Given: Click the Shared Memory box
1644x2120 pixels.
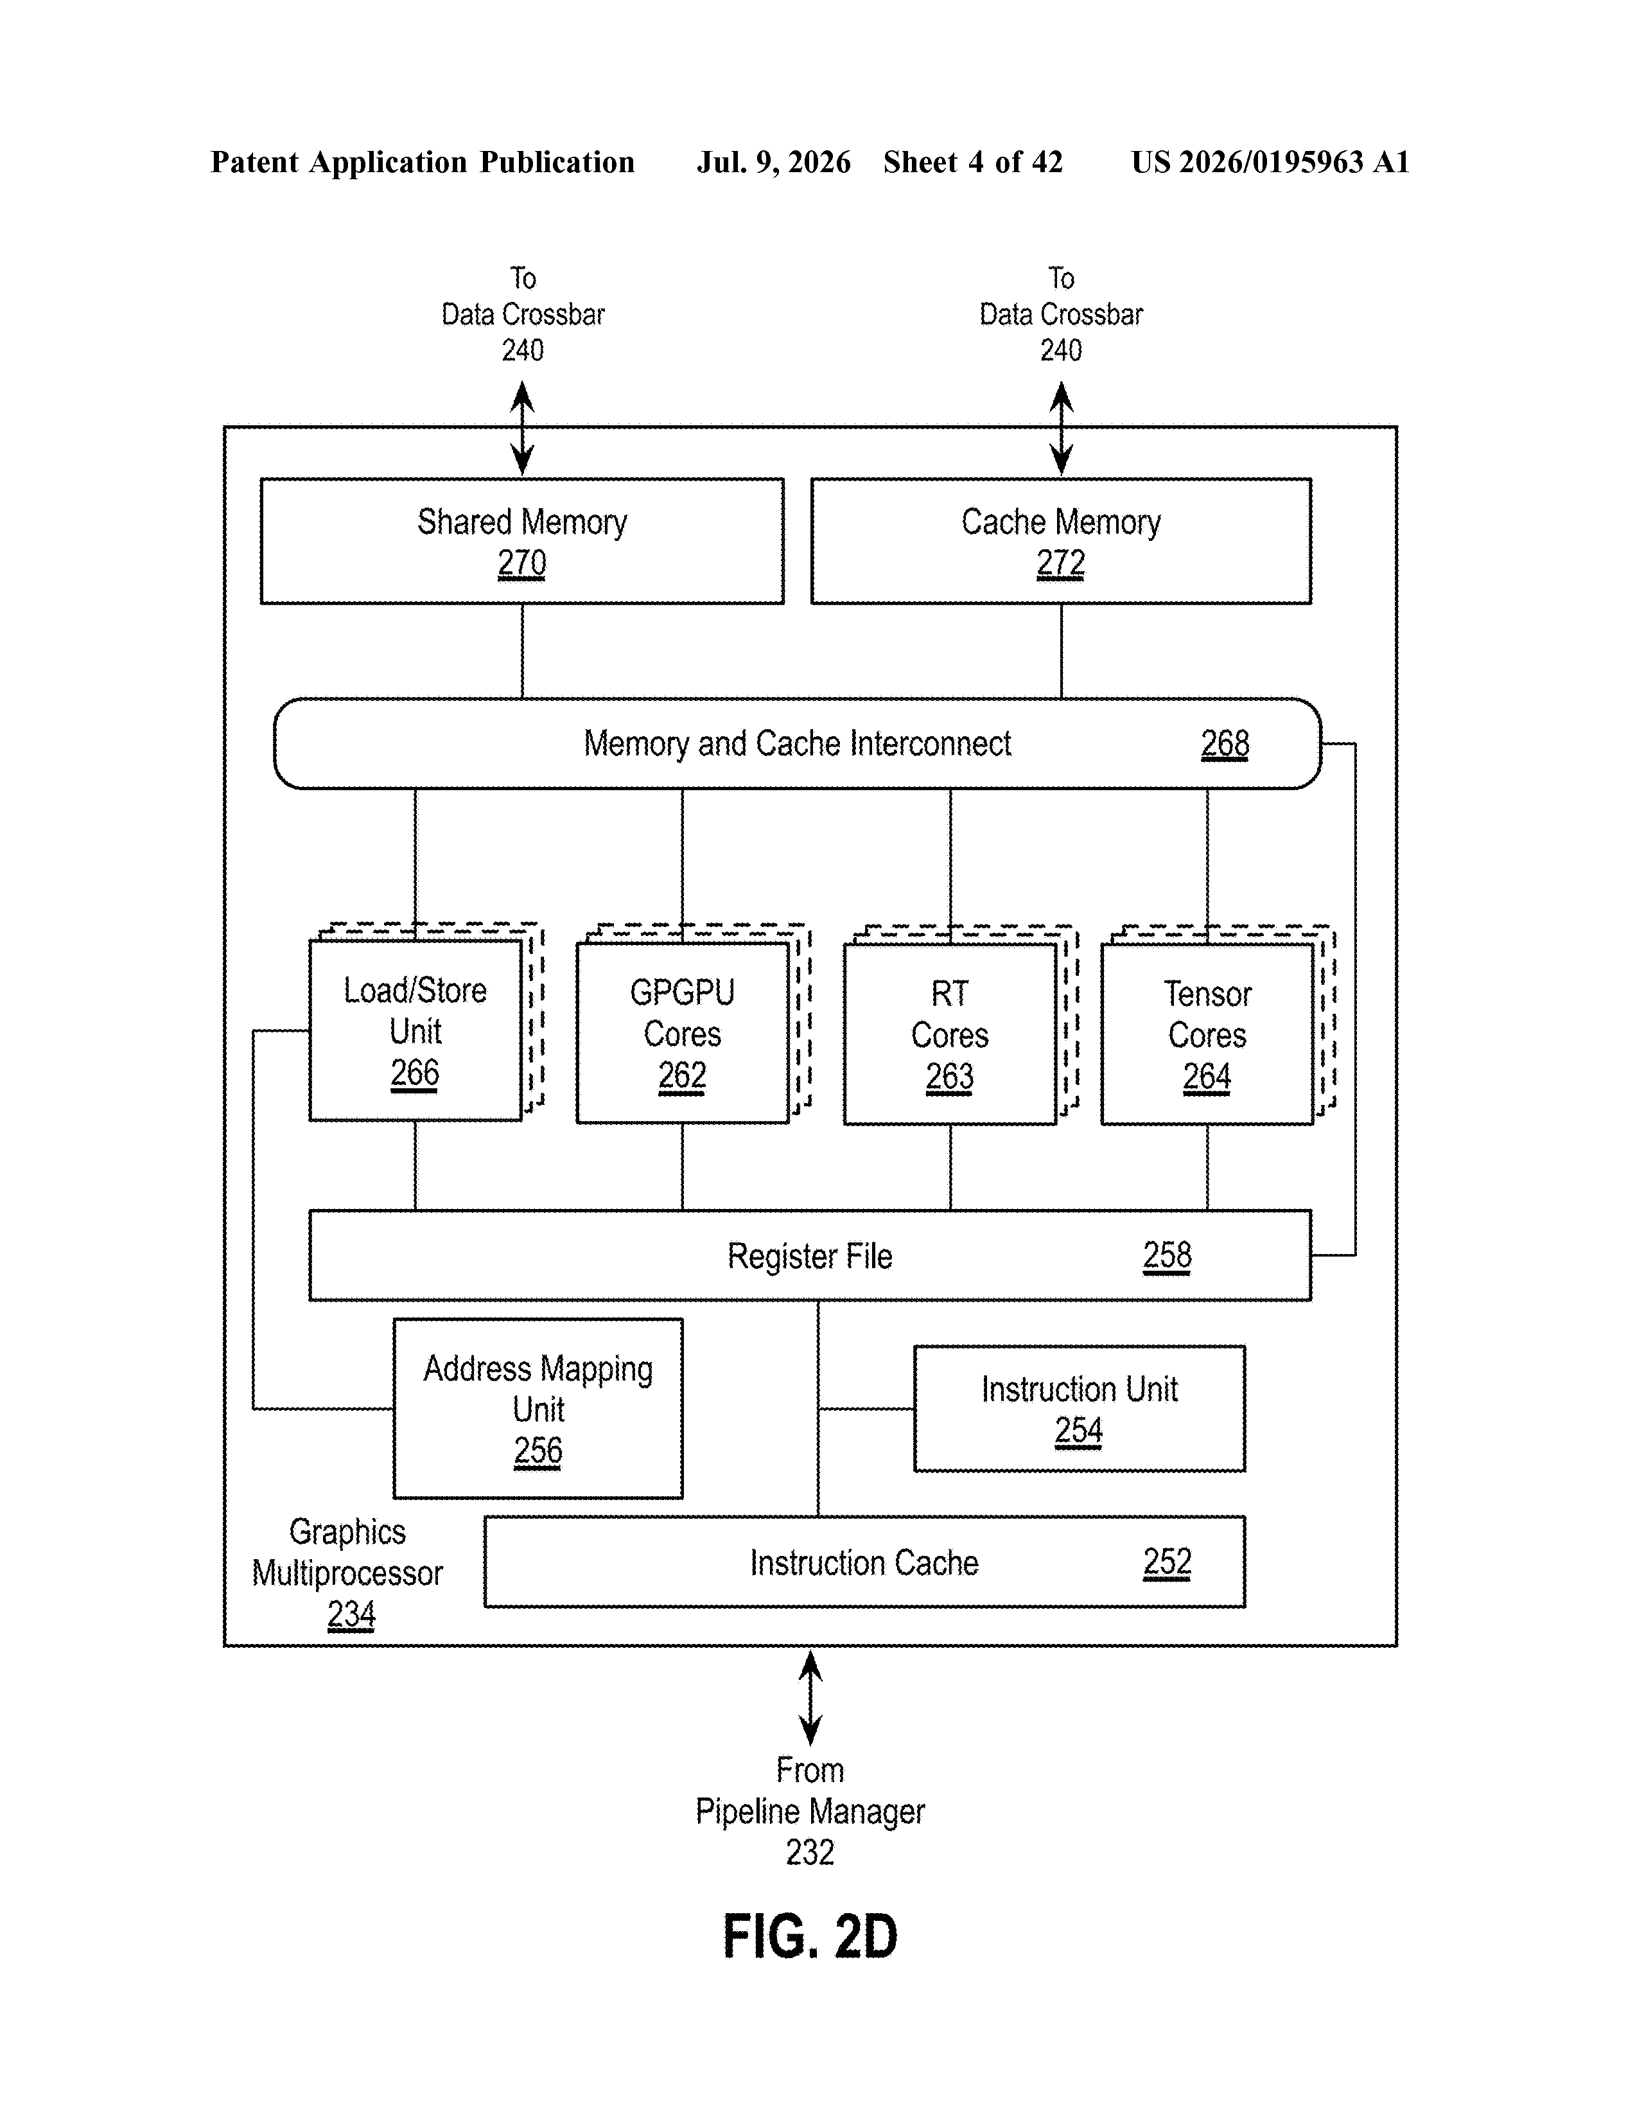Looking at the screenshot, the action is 522,541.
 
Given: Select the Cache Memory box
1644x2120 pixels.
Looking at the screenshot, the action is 1061,541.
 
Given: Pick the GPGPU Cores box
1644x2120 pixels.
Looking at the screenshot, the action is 682,1033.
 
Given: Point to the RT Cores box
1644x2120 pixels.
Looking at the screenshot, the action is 950,1034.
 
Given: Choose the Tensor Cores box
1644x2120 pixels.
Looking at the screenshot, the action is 1207,1034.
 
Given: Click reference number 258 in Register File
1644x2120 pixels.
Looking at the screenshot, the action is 1166,1255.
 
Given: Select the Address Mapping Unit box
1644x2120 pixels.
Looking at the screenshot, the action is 538,1408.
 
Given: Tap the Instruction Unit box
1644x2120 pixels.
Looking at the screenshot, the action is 1079,1408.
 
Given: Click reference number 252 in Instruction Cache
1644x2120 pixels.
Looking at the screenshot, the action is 1166,1562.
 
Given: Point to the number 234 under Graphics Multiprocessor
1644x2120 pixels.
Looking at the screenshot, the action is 351,1614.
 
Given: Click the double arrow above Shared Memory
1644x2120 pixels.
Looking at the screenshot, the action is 522,428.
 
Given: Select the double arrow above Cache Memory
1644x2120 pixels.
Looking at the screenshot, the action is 1062,428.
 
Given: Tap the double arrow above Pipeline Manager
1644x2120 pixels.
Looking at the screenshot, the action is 810,1699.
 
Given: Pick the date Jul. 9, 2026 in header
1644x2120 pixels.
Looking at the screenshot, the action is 773,162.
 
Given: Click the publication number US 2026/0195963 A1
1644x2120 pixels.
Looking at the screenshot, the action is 1270,162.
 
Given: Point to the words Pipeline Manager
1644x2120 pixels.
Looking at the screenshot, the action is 810,1812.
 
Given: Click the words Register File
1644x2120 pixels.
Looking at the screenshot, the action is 809,1256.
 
